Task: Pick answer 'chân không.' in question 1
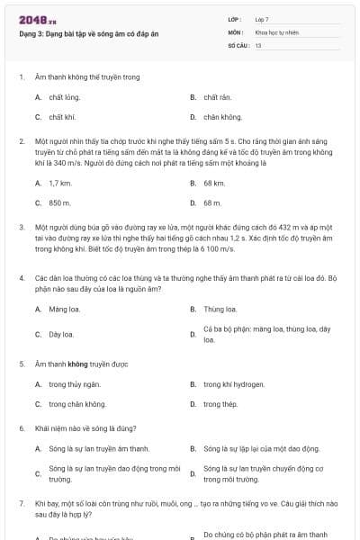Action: click(222, 117)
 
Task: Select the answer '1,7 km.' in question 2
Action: click(59, 183)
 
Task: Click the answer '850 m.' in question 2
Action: click(59, 202)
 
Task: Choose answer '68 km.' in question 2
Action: click(214, 183)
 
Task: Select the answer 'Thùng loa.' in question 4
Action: click(220, 309)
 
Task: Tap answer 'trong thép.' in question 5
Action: click(220, 404)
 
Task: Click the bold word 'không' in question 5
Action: click(77, 364)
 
